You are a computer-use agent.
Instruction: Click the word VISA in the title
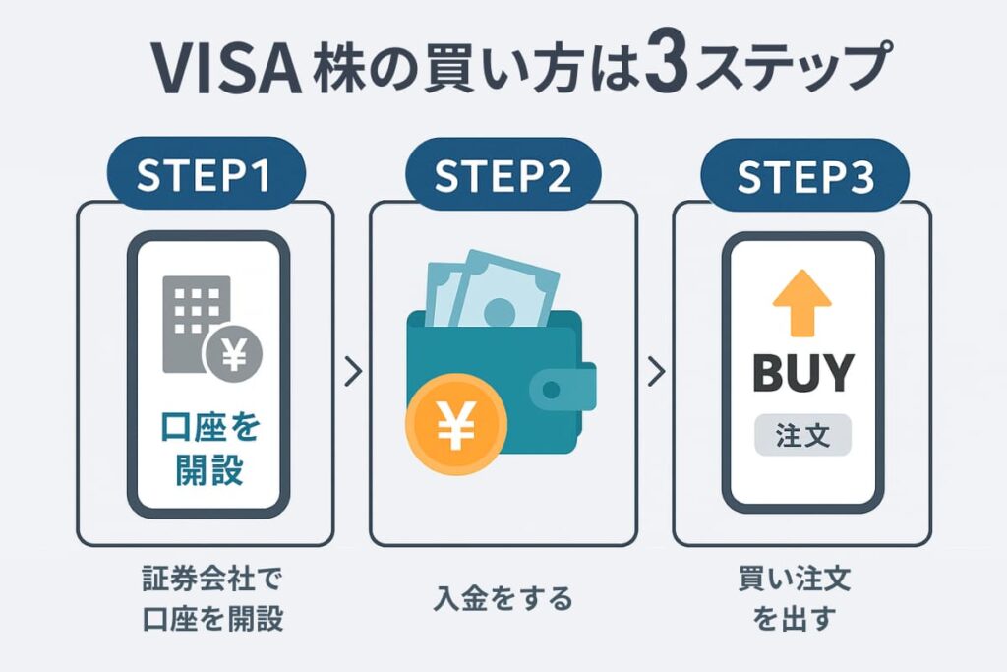pos(224,69)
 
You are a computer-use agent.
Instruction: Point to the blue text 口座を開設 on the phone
pos(209,448)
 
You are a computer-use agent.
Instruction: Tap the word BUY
pos(802,373)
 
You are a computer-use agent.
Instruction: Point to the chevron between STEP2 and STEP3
pos(657,373)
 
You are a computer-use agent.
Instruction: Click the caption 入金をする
pos(503,598)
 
